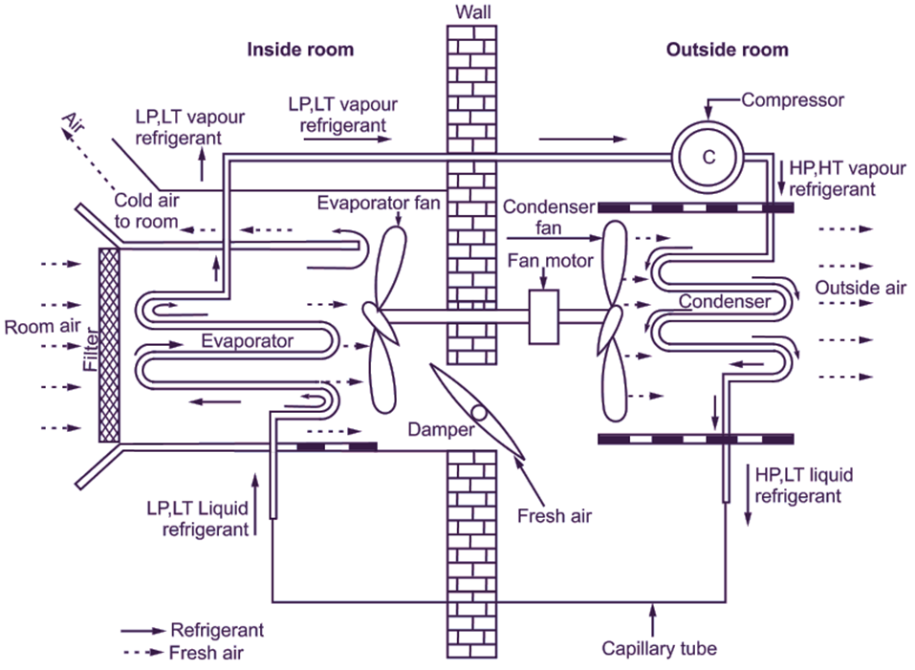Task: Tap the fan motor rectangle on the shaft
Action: pos(543,315)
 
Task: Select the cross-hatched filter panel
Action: pos(108,344)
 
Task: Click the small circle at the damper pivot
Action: pos(479,416)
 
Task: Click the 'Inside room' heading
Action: pos(300,50)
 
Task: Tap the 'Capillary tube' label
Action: pos(659,649)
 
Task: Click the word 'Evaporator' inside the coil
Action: pos(247,339)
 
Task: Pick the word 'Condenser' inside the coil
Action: pos(725,302)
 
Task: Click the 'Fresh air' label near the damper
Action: pos(555,517)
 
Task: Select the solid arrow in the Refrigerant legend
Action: pos(142,632)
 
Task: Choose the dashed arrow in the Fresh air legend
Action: pos(142,654)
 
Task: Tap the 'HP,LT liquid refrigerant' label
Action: pos(804,485)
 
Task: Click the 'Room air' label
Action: pos(41,327)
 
